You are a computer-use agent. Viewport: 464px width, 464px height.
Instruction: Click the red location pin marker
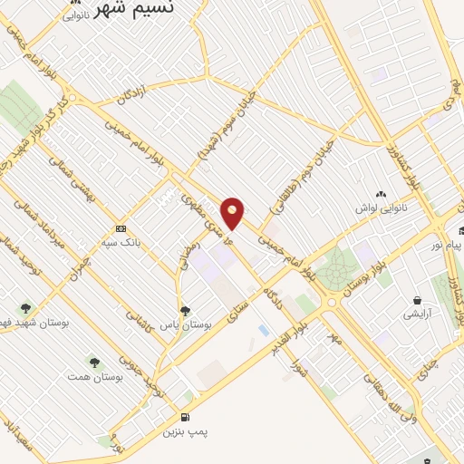point(233,212)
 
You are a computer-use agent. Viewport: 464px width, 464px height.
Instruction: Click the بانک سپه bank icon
point(121,228)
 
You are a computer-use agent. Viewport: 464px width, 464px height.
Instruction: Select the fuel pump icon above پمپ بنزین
point(185,418)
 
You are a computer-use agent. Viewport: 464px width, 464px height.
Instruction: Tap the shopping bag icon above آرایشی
point(417,300)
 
